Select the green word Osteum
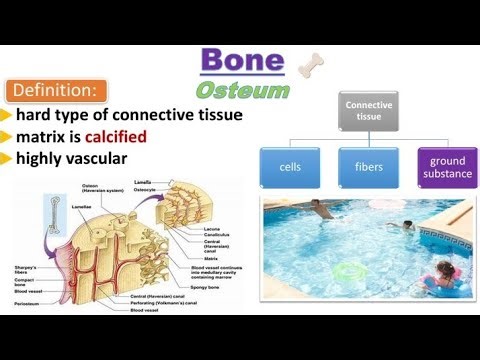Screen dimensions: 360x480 242,90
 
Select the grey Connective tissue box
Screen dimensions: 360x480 368,110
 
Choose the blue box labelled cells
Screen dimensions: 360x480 291,167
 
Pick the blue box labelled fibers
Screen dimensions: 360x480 368,167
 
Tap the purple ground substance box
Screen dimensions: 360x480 446,167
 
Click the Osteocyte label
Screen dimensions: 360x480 147,189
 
